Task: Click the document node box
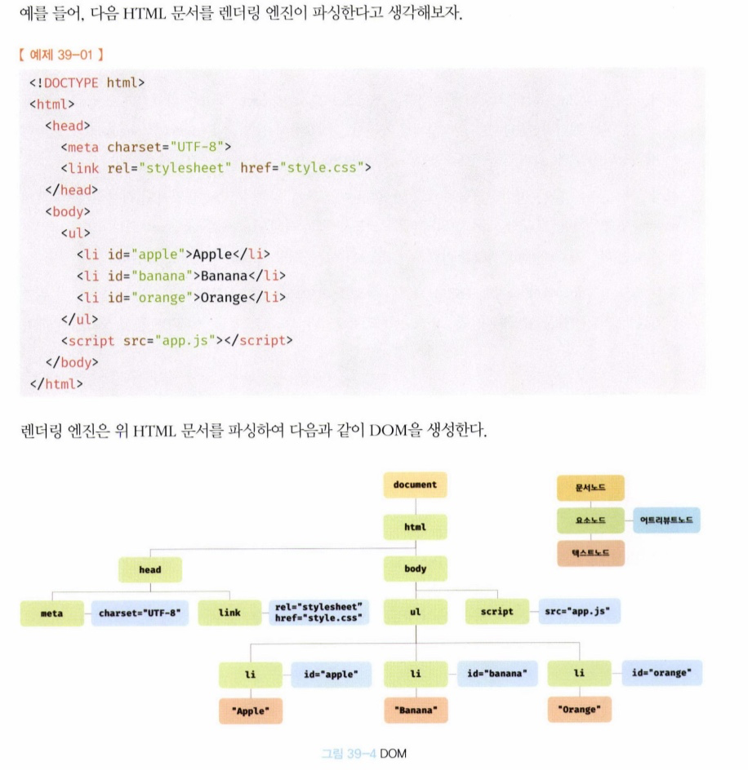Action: point(415,485)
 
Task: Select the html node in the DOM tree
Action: point(415,527)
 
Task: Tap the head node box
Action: point(149,569)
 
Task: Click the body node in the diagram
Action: point(415,569)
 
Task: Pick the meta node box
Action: point(51,613)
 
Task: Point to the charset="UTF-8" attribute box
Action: point(139,613)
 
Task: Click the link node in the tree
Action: point(229,613)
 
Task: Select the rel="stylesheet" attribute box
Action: point(318,613)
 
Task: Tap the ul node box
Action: point(415,612)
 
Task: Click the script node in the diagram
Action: point(497,612)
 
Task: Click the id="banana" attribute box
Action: point(497,674)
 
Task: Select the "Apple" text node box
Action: point(251,710)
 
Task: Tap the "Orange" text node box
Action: point(579,710)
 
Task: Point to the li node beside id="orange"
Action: point(579,674)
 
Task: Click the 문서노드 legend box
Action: point(590,489)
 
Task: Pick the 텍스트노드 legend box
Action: point(590,553)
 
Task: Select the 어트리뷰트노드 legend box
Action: point(666,520)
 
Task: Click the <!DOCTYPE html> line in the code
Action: point(87,82)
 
